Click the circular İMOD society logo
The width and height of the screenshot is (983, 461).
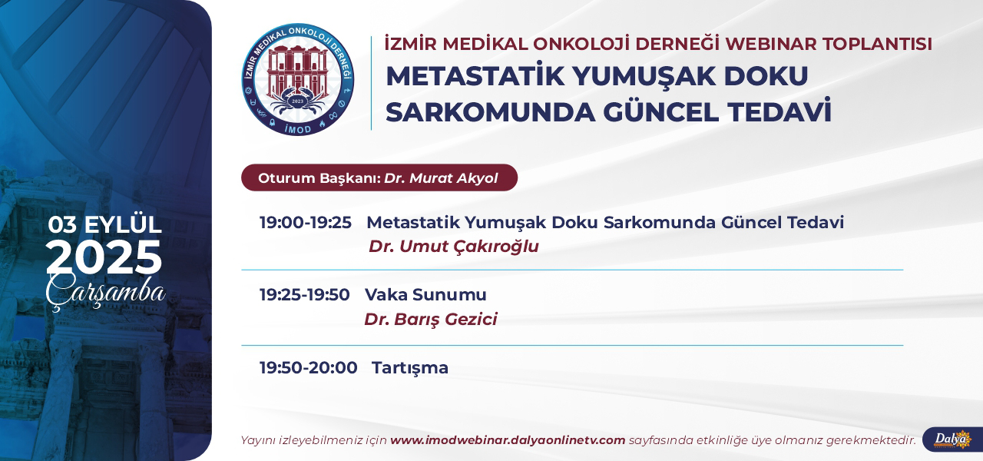point(298,79)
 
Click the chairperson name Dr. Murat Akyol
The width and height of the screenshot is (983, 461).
point(441,178)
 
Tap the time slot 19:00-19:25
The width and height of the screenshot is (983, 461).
point(306,223)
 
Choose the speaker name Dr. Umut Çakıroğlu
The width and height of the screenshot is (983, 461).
point(454,247)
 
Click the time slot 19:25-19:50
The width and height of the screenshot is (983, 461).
point(305,294)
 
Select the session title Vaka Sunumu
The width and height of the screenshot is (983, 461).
point(425,294)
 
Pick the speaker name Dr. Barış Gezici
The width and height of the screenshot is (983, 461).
point(431,319)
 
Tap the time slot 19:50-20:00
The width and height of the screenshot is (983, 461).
point(308,367)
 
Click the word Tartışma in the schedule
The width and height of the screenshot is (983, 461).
point(410,368)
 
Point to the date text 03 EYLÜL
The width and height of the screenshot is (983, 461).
point(105,224)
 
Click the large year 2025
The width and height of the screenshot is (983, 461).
point(104,257)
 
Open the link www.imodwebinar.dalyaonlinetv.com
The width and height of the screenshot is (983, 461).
point(508,440)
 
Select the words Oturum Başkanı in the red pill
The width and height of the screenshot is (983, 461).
point(319,178)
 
